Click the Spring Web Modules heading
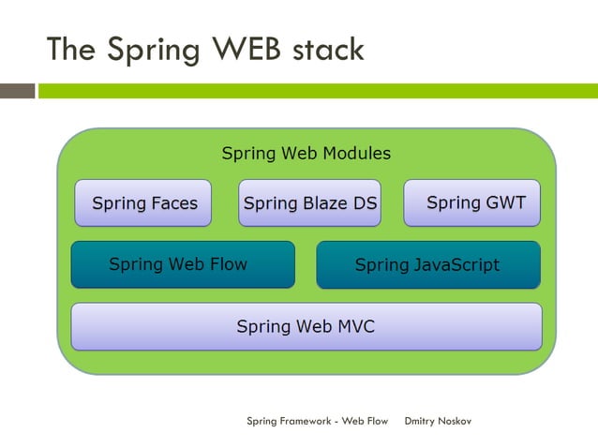(x=306, y=153)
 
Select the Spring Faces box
(x=143, y=203)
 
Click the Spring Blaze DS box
(x=309, y=203)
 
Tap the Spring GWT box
(x=472, y=203)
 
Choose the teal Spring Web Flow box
(x=183, y=264)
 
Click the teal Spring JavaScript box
(x=427, y=265)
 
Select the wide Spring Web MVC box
(x=306, y=326)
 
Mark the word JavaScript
(x=454, y=265)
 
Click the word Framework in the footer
(x=304, y=421)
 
